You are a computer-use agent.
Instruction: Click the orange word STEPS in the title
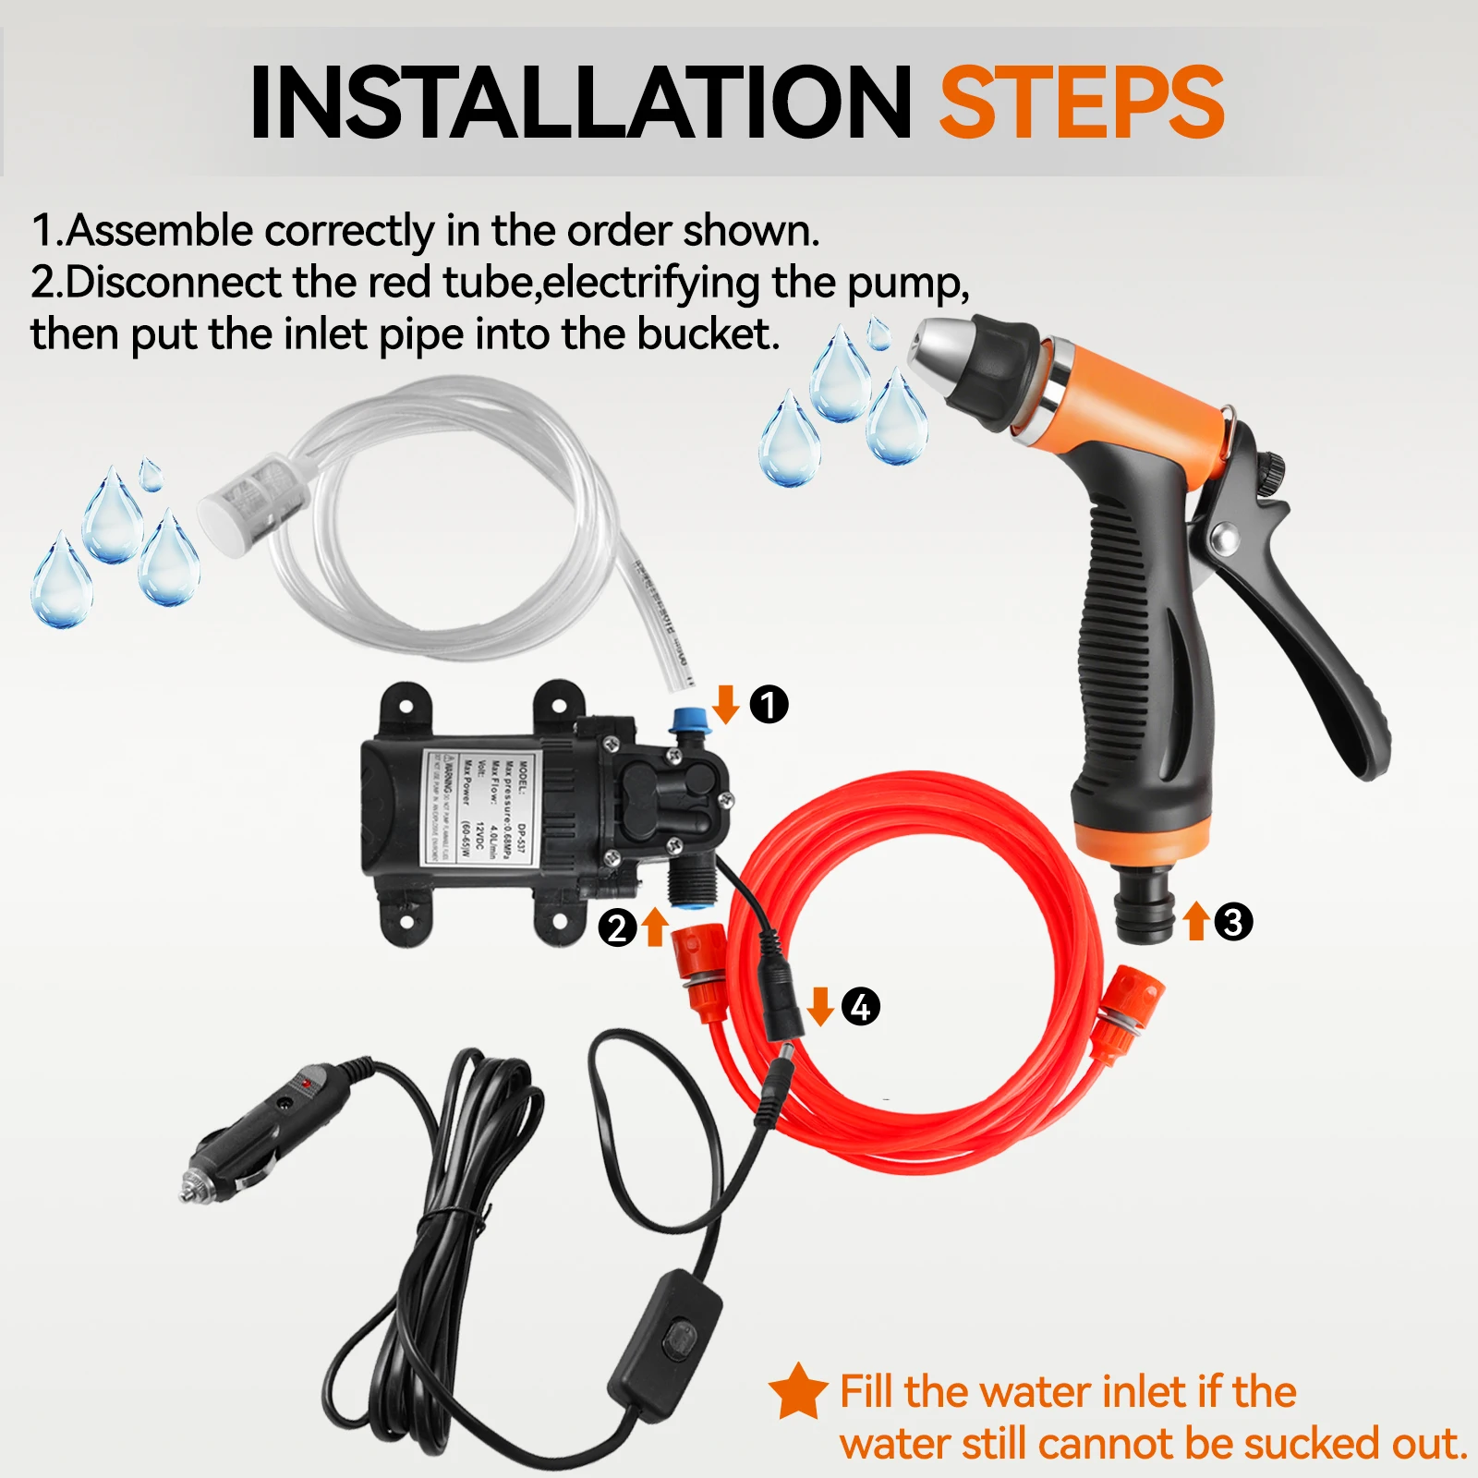click(x=1081, y=103)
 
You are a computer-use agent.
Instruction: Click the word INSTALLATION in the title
click(x=580, y=103)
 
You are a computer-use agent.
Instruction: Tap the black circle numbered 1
click(x=769, y=705)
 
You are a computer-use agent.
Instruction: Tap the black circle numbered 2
click(x=617, y=927)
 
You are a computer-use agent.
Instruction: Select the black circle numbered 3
click(x=1233, y=922)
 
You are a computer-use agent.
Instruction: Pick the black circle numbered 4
click(x=860, y=1006)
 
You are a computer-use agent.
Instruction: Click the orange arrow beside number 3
click(x=1196, y=921)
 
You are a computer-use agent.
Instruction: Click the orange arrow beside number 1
click(x=726, y=704)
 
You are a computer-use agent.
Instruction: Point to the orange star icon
click(x=797, y=1392)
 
